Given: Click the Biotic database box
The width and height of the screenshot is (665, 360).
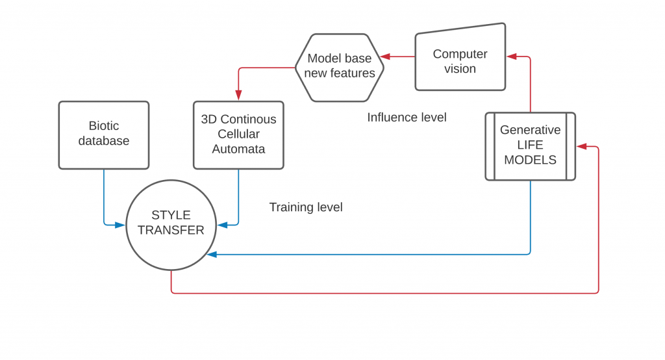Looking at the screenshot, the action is pyautogui.click(x=104, y=135).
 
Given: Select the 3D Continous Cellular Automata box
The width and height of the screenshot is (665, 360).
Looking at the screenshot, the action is pyautogui.click(x=238, y=135).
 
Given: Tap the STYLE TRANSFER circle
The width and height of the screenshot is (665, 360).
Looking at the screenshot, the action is pyautogui.click(x=171, y=225).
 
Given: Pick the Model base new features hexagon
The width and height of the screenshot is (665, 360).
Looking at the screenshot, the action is pyautogui.click(x=339, y=68).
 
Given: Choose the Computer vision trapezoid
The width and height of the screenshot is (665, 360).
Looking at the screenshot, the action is pyautogui.click(x=460, y=57).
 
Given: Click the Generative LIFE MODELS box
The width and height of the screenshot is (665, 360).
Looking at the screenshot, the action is pyautogui.click(x=530, y=146).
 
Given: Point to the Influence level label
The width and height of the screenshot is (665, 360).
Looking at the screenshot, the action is pyautogui.click(x=407, y=117).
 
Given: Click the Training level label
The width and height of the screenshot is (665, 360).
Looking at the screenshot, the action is pyautogui.click(x=306, y=207).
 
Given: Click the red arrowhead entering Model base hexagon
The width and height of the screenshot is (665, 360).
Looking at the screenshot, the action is pyautogui.click(x=385, y=57).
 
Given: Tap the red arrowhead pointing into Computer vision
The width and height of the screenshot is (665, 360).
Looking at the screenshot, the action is pyautogui.click(x=512, y=57).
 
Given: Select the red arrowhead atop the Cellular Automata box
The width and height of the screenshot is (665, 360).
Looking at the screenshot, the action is pyautogui.click(x=238, y=96).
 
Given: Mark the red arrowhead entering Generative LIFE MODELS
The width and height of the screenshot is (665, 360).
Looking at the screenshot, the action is pyautogui.click(x=581, y=146).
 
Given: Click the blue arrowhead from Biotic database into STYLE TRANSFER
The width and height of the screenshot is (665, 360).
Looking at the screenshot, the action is pyautogui.click(x=120, y=225).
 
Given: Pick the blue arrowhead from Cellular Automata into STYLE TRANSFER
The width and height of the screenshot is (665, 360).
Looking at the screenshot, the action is pyautogui.click(x=222, y=225).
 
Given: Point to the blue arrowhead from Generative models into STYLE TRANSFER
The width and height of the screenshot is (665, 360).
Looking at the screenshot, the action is pyautogui.click(x=212, y=255).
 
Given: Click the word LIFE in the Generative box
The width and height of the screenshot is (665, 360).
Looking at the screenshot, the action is pyautogui.click(x=530, y=145).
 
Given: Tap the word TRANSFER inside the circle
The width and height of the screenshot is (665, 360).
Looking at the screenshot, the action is pyautogui.click(x=171, y=230).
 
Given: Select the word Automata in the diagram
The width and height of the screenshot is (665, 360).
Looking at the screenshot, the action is pyautogui.click(x=238, y=149).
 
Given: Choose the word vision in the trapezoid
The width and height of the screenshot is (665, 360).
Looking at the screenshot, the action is pyautogui.click(x=460, y=69).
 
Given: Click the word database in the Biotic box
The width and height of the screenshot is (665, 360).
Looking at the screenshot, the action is pyautogui.click(x=104, y=141).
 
